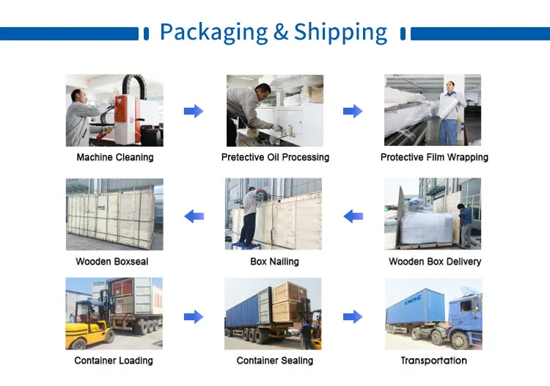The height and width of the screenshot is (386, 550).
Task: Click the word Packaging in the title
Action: [x=213, y=32]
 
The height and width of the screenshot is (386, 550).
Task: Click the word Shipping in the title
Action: [x=340, y=32]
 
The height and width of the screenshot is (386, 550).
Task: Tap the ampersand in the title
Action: [x=282, y=32]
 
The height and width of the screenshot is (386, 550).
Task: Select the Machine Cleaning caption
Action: [x=115, y=157]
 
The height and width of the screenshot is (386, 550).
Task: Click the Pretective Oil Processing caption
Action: [x=275, y=157]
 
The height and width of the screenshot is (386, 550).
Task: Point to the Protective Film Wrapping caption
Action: [x=434, y=157]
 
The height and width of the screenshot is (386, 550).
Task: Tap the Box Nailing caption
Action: [x=275, y=261]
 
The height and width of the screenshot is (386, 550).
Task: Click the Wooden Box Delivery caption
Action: [x=435, y=261]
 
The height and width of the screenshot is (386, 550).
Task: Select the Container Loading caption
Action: [x=114, y=360]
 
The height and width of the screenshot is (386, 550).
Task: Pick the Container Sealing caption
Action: [x=275, y=360]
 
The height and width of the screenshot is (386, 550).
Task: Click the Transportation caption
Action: [x=433, y=360]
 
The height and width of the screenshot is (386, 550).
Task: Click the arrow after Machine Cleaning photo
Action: [x=194, y=111]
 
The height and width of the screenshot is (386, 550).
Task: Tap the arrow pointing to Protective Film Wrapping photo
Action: [x=353, y=111]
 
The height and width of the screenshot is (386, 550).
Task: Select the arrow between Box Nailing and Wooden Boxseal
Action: [x=194, y=216]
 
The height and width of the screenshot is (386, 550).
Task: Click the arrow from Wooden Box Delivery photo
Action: [x=353, y=216]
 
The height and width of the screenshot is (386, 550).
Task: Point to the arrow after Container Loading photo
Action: [x=194, y=316]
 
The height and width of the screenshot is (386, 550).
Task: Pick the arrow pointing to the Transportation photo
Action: [x=353, y=316]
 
